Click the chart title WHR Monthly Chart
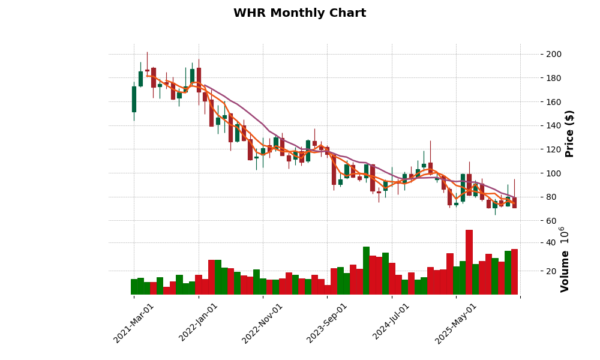coord(299,13)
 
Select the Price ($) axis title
coord(570,133)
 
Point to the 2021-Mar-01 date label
coord(134,323)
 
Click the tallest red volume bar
coord(469,262)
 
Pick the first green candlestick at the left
coord(134,99)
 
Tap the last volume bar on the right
coord(514,272)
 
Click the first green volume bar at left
coord(134,287)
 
